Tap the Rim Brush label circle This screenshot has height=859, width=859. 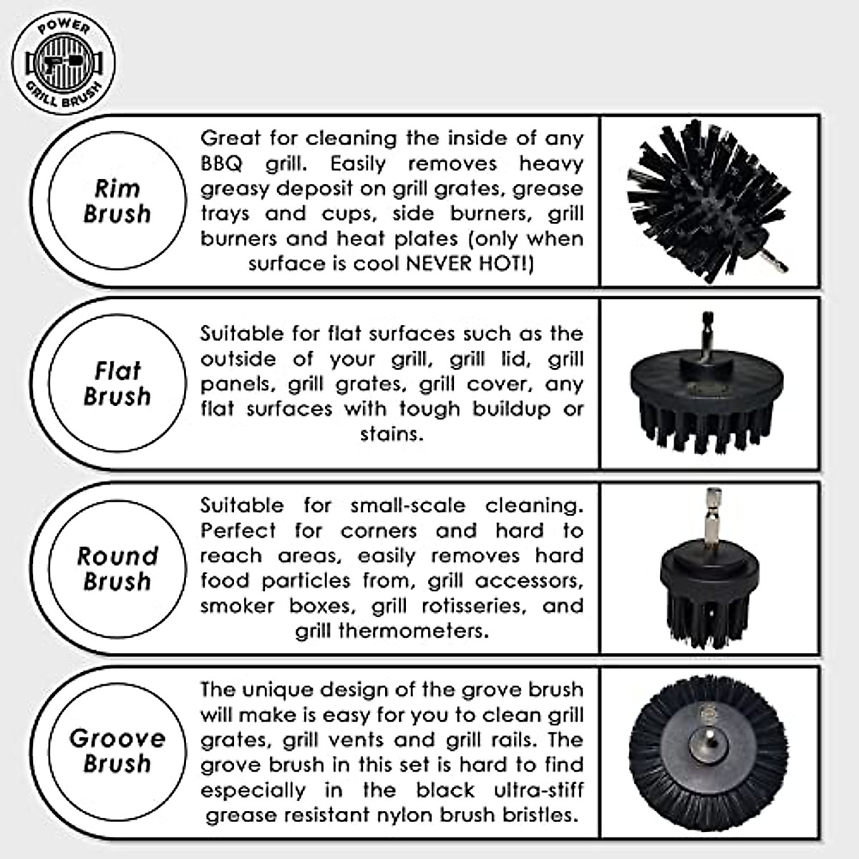(117, 201)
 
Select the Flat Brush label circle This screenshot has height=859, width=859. (117, 384)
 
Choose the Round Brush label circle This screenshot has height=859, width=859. (117, 568)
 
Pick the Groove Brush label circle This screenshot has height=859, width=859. (117, 751)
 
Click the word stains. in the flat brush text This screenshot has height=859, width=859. (391, 435)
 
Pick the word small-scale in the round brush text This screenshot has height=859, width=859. (407, 505)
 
